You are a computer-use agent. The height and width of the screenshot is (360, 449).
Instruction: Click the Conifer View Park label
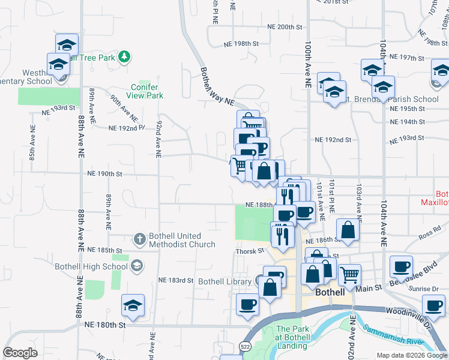click(x=147, y=91)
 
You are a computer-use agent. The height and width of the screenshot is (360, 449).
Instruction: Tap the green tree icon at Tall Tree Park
click(x=124, y=57)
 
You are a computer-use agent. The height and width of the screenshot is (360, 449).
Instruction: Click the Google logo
click(x=20, y=353)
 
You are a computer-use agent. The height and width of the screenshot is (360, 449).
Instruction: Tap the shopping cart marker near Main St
click(x=349, y=274)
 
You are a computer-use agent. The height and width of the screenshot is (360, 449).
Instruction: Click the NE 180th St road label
click(x=104, y=325)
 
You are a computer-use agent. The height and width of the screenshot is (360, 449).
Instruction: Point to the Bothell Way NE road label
click(x=217, y=88)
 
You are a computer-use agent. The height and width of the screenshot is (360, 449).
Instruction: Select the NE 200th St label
click(x=281, y=27)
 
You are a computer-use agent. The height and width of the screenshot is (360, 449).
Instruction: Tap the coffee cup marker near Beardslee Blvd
click(x=401, y=266)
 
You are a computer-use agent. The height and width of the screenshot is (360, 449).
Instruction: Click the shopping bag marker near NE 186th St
click(x=348, y=229)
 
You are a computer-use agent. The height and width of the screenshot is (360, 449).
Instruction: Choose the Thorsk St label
click(x=250, y=251)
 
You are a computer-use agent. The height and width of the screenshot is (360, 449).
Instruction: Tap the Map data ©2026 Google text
click(x=411, y=355)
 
